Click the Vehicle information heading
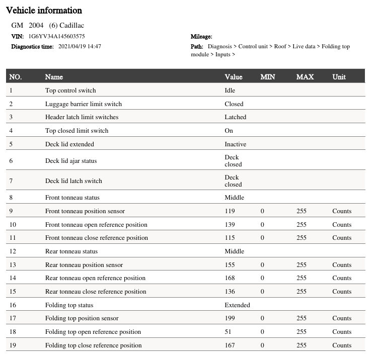click(x=44, y=10)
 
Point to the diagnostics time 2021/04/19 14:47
click(x=80, y=46)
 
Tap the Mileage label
click(x=201, y=36)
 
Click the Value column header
click(x=233, y=77)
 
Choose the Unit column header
click(x=339, y=77)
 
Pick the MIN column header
click(x=268, y=77)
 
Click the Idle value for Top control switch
click(x=230, y=91)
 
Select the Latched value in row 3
click(x=235, y=117)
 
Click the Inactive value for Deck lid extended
click(x=235, y=144)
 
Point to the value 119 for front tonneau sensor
click(x=230, y=211)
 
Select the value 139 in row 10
click(x=230, y=225)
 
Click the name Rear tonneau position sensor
click(x=84, y=265)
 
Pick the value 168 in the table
click(x=230, y=278)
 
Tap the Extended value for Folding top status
click(x=237, y=305)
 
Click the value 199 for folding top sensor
click(x=230, y=318)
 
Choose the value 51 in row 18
click(x=228, y=332)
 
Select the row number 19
click(x=13, y=345)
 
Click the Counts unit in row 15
click(x=342, y=292)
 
